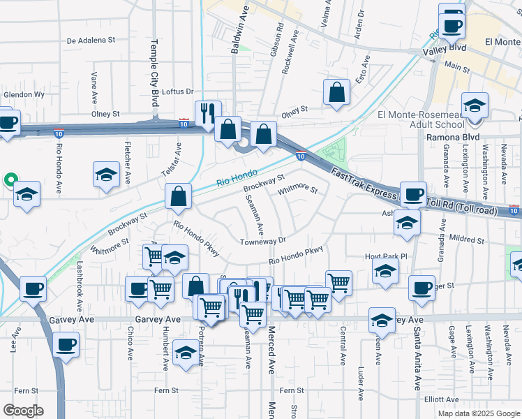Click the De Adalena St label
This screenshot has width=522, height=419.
click(x=91, y=41)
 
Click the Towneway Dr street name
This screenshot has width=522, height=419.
click(x=263, y=241)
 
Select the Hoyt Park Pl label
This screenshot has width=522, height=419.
click(x=385, y=256)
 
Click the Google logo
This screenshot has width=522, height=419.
click(x=22, y=411)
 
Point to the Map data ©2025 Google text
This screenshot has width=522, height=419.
click(x=479, y=413)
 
